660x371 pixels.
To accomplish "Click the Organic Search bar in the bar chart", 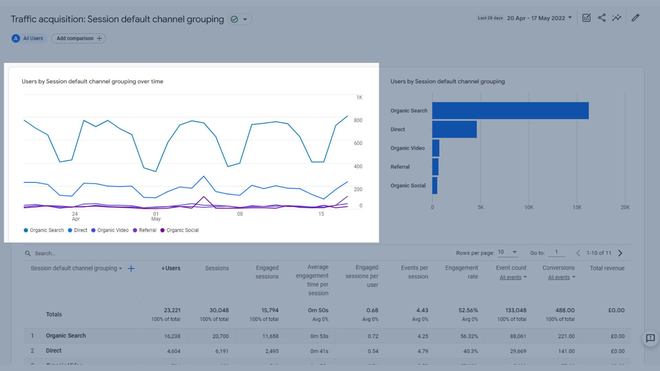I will (x=510, y=111).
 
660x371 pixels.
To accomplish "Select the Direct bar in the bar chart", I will (x=454, y=129).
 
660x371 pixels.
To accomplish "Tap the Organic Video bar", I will (x=436, y=148).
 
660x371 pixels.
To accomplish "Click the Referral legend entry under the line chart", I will (x=145, y=230).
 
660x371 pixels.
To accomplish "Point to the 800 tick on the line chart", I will (x=358, y=120).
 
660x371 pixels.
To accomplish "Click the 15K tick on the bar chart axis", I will (x=577, y=207).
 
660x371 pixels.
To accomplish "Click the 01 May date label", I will (x=156, y=216).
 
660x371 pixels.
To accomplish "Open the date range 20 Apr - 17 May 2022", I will (x=539, y=18).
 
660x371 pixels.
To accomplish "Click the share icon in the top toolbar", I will (x=602, y=18).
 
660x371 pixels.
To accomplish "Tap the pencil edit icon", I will (x=635, y=18).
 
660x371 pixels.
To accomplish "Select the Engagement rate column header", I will (x=462, y=272).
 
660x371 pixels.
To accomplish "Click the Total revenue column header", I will (x=607, y=268).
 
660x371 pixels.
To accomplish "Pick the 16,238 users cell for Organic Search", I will (x=172, y=336).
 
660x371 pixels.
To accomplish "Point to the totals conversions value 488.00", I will (x=565, y=310).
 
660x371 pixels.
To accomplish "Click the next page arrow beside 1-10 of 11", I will (x=620, y=253).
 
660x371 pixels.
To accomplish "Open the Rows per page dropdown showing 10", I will (x=507, y=252).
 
